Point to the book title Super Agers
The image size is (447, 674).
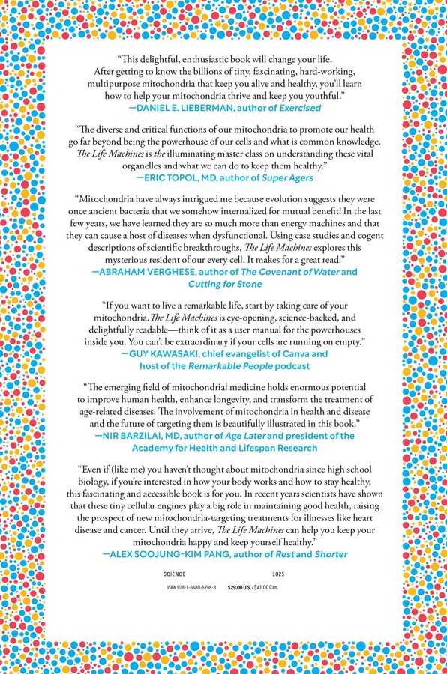click(x=284, y=178)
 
